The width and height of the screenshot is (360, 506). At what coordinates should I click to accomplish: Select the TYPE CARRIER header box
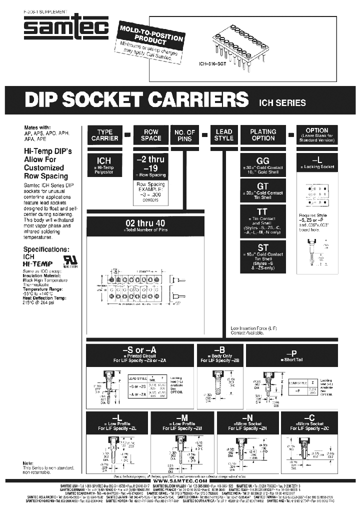click(x=105, y=134)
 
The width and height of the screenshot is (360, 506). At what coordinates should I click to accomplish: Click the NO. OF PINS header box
click(x=184, y=135)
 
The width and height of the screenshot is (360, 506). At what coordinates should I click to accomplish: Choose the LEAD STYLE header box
click(x=223, y=134)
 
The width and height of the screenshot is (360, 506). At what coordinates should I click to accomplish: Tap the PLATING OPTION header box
click(x=263, y=134)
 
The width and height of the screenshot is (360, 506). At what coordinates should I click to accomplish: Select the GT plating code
click(x=263, y=186)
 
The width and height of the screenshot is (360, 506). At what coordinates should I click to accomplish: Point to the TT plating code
click(x=263, y=212)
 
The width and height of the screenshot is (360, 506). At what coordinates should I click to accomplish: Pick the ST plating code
click(x=263, y=247)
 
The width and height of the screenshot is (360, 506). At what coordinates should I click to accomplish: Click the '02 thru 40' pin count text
click(x=145, y=223)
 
